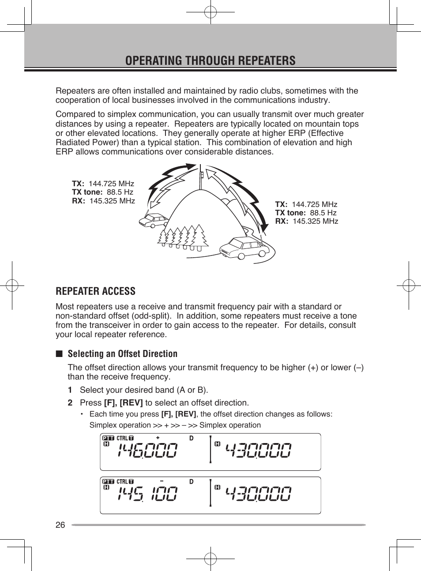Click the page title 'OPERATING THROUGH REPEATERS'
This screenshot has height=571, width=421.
click(x=210, y=60)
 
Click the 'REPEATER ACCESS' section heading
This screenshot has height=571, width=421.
click(x=95, y=291)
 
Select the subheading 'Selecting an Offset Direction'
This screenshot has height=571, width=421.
click(x=122, y=354)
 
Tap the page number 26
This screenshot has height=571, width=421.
click(x=60, y=525)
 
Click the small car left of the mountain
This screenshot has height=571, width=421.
click(x=154, y=220)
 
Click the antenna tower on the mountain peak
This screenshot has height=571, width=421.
click(x=201, y=176)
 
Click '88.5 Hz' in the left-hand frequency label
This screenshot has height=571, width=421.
click(x=120, y=192)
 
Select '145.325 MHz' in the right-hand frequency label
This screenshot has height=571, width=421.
click(x=315, y=221)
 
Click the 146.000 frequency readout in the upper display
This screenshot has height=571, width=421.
click(x=147, y=451)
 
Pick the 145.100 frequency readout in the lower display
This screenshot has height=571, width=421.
click(x=147, y=494)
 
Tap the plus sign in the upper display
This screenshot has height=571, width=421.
click(x=158, y=438)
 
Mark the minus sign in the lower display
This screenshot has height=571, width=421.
click(x=162, y=481)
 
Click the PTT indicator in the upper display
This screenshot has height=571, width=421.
click(x=108, y=438)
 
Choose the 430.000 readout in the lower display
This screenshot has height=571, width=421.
click(x=259, y=494)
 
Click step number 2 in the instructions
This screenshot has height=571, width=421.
click(x=70, y=402)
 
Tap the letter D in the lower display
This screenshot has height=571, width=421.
click(x=191, y=481)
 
